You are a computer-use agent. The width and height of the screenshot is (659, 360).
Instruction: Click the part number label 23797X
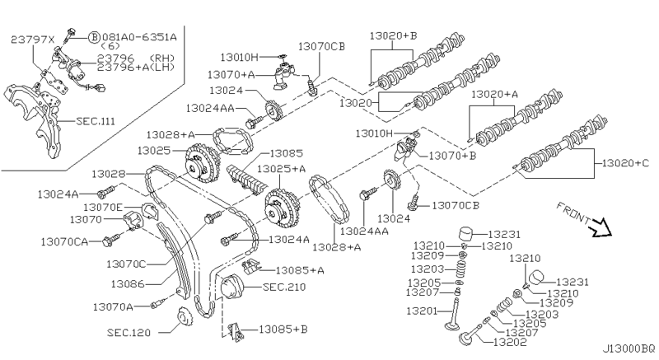coord(32,40)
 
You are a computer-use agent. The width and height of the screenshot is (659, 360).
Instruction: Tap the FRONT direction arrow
coord(600,227)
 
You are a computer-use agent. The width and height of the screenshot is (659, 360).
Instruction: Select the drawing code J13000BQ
coord(629,348)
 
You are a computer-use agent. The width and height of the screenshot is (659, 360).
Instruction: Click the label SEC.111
coord(96,121)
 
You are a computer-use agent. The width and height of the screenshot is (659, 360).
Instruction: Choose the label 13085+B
coord(283,329)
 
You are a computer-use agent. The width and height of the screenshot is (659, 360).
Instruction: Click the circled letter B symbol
coord(94,37)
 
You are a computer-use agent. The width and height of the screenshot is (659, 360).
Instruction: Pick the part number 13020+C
coord(625,163)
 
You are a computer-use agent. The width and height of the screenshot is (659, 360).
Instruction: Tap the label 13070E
coord(102,207)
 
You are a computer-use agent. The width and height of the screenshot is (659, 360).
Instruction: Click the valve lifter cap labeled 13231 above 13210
coord(466,234)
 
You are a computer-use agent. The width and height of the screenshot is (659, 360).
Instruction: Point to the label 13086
coord(128,284)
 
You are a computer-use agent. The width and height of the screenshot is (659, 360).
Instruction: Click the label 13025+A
coord(281,169)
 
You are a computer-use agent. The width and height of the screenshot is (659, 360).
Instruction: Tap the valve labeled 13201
coord(456,314)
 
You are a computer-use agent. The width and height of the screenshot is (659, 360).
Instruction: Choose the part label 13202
coord(510,343)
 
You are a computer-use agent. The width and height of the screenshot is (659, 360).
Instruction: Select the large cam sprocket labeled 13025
coord(202,163)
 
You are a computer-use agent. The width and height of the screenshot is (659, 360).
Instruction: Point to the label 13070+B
coord(452,156)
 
